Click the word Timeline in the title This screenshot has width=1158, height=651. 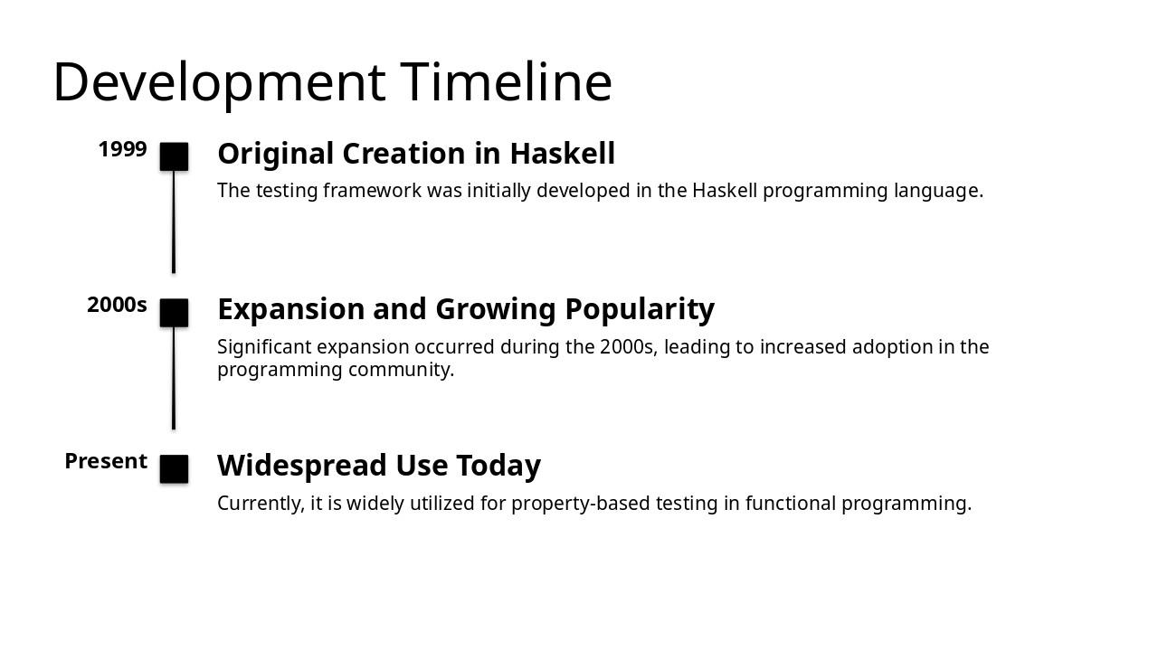506,82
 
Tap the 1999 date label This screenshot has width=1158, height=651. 122,149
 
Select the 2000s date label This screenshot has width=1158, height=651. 117,306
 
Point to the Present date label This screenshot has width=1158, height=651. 106,461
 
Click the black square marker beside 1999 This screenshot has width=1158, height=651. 174,156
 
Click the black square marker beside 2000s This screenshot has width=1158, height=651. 174,313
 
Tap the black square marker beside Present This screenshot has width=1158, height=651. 174,469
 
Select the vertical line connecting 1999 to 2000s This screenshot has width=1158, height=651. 174,222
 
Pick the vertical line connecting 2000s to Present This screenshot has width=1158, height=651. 174,378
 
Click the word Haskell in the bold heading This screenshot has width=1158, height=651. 562,154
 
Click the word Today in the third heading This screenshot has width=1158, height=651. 498,466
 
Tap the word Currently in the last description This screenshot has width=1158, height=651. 260,504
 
